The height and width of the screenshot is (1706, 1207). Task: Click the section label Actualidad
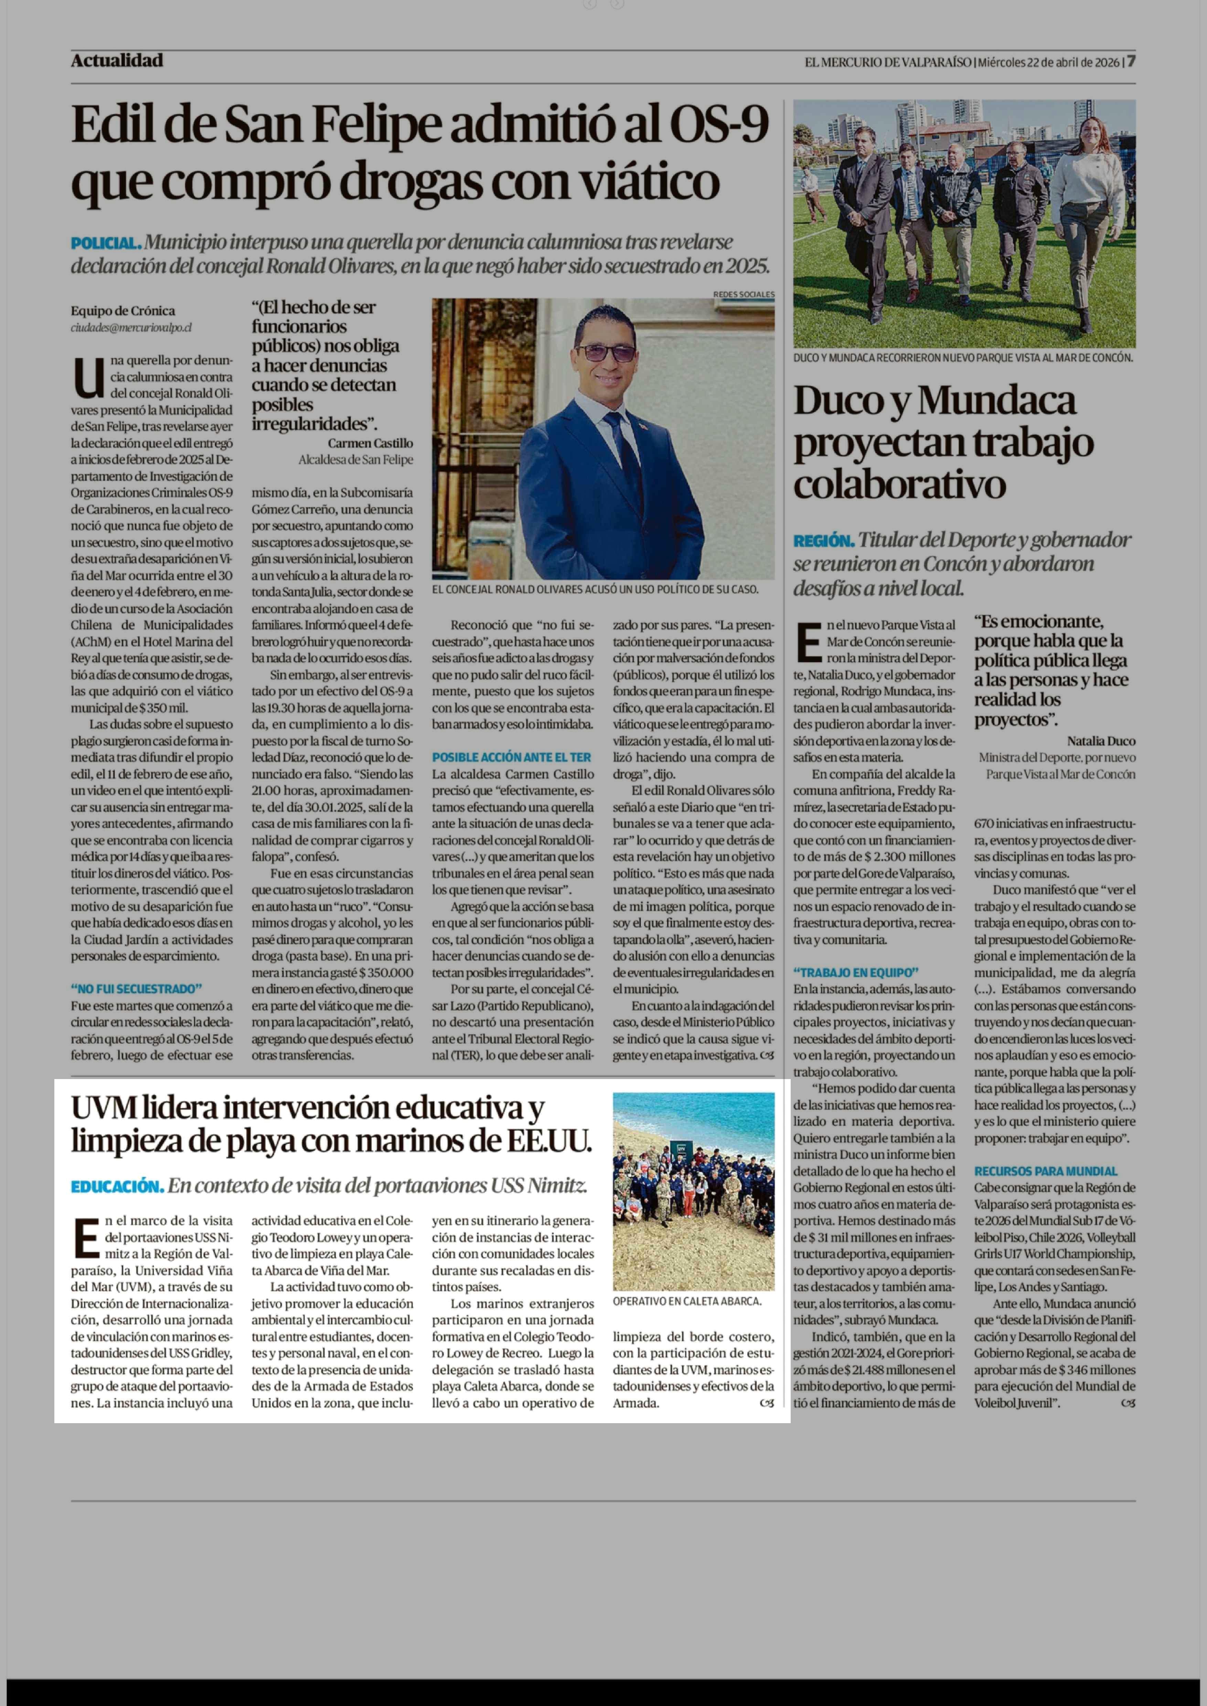click(x=117, y=61)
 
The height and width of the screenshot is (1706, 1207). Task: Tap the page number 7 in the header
click(x=1131, y=62)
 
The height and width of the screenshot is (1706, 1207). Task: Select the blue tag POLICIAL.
click(x=106, y=243)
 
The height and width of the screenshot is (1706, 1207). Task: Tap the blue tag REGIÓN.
click(x=823, y=541)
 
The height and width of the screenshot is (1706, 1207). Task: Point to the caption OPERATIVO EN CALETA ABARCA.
click(x=687, y=1302)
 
